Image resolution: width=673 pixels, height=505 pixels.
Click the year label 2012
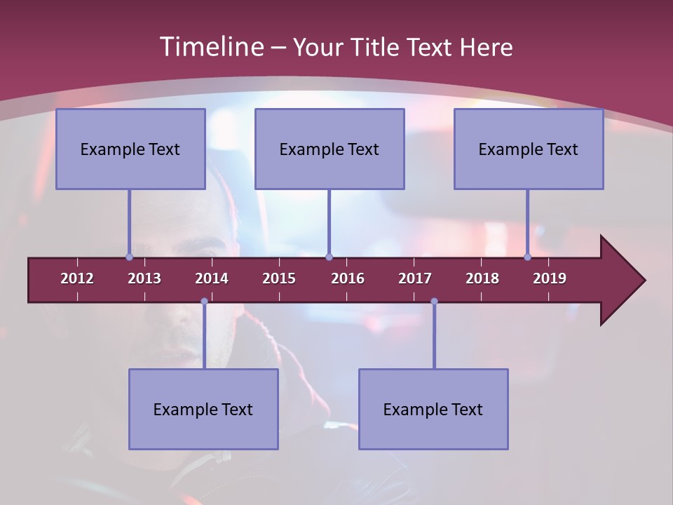pos(77,278)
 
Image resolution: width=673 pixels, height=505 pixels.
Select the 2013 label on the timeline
pos(144,278)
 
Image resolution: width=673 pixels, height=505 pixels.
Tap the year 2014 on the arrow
pos(212,278)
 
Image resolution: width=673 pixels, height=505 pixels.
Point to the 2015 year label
pos(279,278)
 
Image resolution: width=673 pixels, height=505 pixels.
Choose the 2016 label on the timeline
pos(348,278)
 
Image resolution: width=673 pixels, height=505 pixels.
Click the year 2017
pos(415,278)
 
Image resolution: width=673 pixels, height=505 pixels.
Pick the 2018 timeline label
pos(482,278)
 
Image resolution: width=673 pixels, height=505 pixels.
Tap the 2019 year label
pos(550,278)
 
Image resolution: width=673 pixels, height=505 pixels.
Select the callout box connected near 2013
pos(130,149)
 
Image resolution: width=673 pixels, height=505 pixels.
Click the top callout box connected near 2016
pos(329,149)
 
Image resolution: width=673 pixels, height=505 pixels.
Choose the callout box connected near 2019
pos(529,149)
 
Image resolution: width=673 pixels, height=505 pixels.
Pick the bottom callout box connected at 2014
pos(203,409)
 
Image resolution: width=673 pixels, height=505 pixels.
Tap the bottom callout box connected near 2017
pos(433,409)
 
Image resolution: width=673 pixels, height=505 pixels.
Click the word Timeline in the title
pos(210,47)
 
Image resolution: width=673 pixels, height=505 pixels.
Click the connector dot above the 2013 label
pos(130,257)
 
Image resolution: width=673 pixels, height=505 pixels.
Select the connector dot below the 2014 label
pos(204,302)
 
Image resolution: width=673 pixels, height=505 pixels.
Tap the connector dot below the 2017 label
pos(434,302)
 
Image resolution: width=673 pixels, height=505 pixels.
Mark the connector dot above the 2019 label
pos(528,257)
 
